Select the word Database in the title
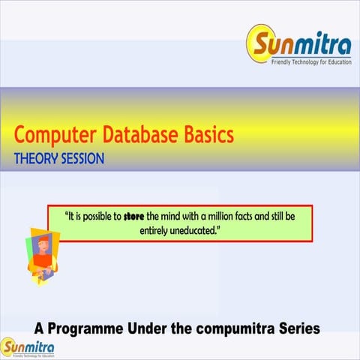139,136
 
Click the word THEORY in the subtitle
37,159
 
